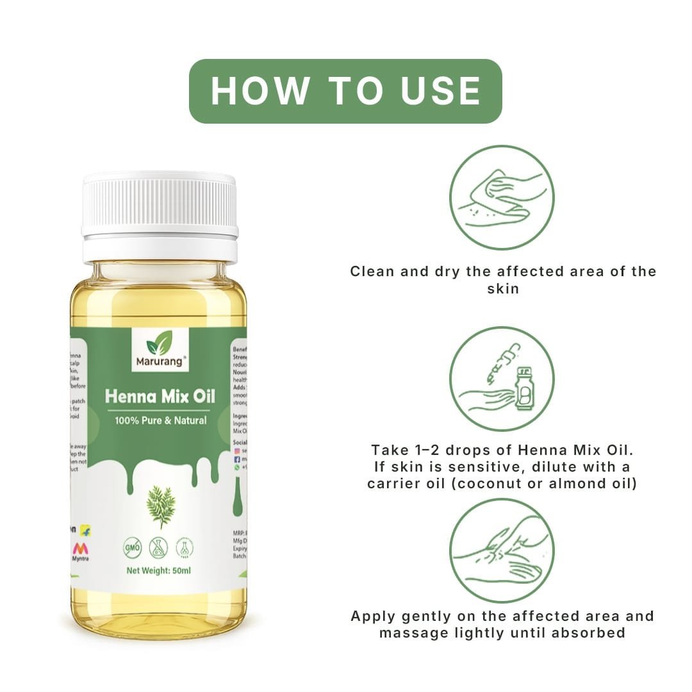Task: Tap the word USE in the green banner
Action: (441, 90)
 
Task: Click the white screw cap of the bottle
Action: (160, 205)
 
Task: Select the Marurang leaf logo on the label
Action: (159, 345)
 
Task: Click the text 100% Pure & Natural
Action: (161, 421)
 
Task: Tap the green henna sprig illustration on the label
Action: (160, 506)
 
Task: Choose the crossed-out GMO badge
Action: (133, 548)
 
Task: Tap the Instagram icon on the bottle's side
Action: (238, 451)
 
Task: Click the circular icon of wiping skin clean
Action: (501, 197)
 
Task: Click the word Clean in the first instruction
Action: (372, 271)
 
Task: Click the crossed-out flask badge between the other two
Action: (158, 548)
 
